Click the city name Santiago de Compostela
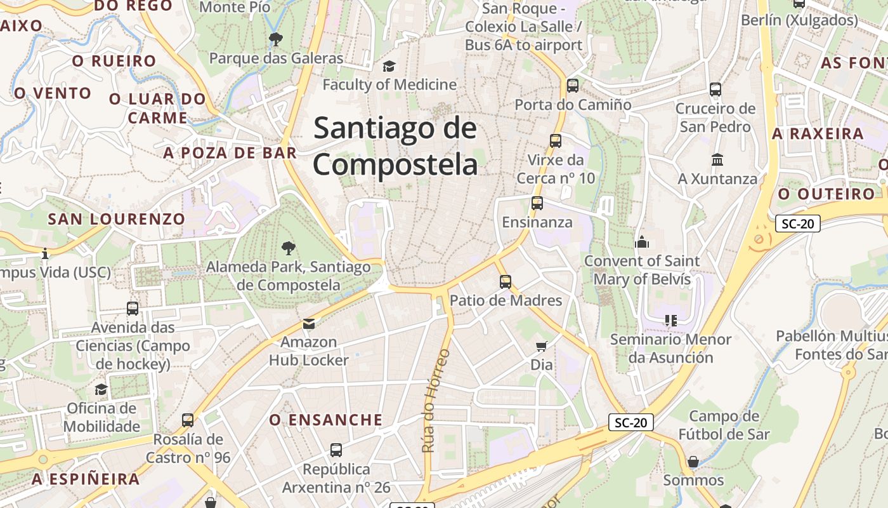click(395, 147)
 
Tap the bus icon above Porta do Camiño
click(573, 85)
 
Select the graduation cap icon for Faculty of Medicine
click(389, 66)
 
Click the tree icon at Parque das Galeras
click(276, 39)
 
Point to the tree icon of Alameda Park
click(289, 248)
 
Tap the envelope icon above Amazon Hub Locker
click(308, 324)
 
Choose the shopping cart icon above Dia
click(541, 346)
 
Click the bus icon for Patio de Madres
click(506, 281)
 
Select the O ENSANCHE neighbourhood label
click(326, 420)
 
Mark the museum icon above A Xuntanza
click(717, 159)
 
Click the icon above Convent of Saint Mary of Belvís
click(642, 242)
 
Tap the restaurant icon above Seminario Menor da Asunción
click(671, 321)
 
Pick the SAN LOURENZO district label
click(117, 219)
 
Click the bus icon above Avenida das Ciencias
click(133, 309)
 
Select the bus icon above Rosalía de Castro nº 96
click(188, 420)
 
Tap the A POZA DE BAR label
click(230, 153)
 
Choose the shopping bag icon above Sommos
click(693, 462)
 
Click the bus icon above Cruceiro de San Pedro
click(715, 90)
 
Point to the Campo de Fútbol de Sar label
click(724, 425)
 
